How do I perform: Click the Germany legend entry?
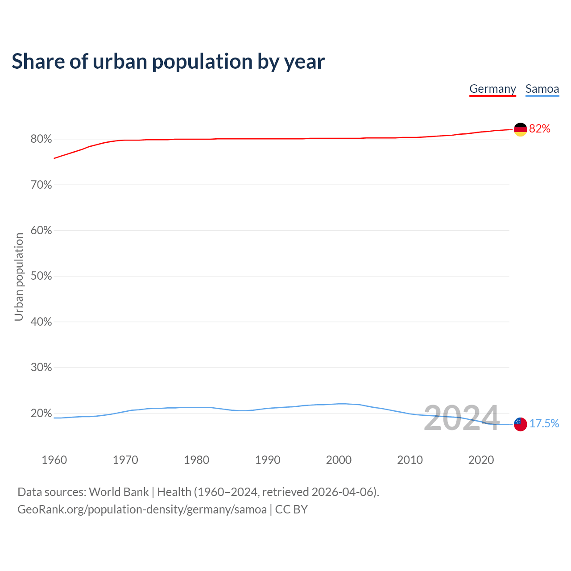coord(492,89)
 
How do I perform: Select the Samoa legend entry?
coord(542,89)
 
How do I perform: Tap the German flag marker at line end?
coord(521,129)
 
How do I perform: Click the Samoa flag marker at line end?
coord(521,424)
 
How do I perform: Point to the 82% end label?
coord(540,129)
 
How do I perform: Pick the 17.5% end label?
coord(544,423)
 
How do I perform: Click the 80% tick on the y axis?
coord(41,139)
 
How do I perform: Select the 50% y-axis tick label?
coord(41,276)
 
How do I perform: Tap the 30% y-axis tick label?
coord(41,368)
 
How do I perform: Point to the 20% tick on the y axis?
coord(41,414)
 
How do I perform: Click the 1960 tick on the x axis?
coord(54,460)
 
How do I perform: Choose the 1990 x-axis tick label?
coord(268,460)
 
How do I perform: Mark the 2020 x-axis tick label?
coord(481,460)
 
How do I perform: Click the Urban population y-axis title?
coord(19,277)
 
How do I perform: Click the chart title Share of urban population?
coord(168,61)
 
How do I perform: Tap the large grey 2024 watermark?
coord(461,418)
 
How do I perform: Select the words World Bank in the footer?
coord(119,492)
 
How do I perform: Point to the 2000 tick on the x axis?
coord(339,460)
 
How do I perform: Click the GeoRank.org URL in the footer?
coord(142,509)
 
